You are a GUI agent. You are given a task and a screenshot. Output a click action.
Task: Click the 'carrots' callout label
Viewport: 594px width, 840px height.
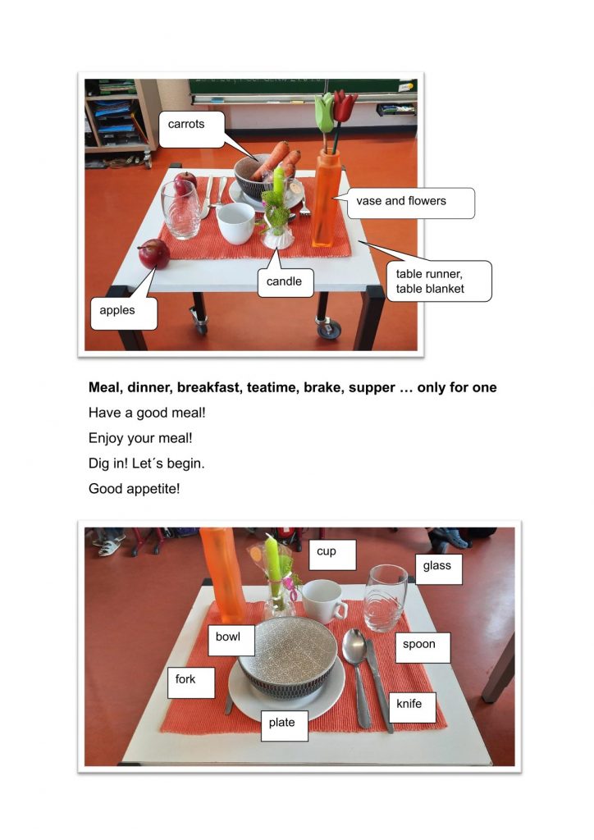[x=191, y=129]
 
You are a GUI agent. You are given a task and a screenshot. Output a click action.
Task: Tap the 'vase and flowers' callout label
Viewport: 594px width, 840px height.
[x=411, y=203]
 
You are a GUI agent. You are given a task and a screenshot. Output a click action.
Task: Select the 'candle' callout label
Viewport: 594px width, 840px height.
[x=286, y=282]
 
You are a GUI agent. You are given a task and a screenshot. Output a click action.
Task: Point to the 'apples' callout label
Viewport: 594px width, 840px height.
[x=124, y=313]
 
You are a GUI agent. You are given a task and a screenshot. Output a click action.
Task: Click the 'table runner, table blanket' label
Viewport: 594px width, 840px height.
[x=439, y=281]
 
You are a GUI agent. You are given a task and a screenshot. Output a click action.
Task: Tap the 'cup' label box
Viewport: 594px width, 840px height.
[x=332, y=555]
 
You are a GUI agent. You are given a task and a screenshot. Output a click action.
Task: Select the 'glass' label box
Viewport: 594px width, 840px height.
[x=439, y=569]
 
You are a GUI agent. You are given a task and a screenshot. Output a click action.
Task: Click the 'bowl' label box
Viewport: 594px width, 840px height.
[x=231, y=640]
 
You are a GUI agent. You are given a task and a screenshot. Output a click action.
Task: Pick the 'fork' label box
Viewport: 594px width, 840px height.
[x=191, y=682]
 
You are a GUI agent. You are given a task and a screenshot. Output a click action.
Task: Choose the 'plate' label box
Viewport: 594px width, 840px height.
[x=285, y=726]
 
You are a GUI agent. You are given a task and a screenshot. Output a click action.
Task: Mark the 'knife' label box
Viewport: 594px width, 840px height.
[x=412, y=707]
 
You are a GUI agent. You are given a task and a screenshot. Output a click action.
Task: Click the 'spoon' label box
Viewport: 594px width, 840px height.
[x=423, y=648]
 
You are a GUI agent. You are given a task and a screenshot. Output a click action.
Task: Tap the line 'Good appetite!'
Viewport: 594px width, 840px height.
[x=135, y=489]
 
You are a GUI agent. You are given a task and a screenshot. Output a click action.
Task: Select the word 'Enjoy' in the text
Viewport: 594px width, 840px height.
[x=106, y=438]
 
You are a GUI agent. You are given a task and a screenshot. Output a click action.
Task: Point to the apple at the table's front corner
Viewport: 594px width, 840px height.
[x=154, y=254]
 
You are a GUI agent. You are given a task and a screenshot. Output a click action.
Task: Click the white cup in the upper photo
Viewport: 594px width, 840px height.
[x=235, y=223]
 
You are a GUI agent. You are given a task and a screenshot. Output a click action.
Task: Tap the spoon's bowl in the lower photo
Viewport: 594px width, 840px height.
[x=354, y=647]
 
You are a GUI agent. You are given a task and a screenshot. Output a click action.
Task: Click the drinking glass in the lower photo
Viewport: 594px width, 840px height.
[x=385, y=598]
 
